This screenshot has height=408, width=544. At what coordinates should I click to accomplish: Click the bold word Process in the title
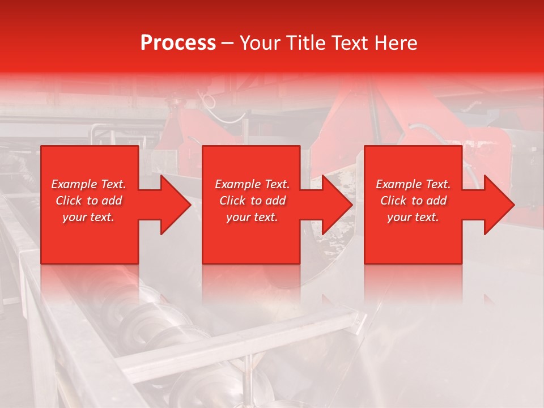click(178, 43)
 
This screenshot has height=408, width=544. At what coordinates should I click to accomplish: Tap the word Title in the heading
click(307, 43)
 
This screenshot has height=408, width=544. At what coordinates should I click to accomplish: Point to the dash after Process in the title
click(228, 44)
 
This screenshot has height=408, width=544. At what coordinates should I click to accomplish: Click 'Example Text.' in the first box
click(88, 184)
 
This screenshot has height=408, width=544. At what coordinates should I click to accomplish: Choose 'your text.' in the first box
click(88, 217)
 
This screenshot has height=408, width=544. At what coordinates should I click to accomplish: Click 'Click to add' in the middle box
click(252, 201)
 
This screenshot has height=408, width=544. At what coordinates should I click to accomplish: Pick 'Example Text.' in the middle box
click(252, 184)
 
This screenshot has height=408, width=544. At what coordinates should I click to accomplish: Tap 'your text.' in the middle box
click(252, 217)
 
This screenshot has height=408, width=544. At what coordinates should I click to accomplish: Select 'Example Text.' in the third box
click(413, 184)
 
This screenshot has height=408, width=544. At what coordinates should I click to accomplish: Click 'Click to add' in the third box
click(413, 201)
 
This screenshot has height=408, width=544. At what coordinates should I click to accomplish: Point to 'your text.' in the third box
click(413, 217)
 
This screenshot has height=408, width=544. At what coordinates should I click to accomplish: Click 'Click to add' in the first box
click(88, 201)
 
